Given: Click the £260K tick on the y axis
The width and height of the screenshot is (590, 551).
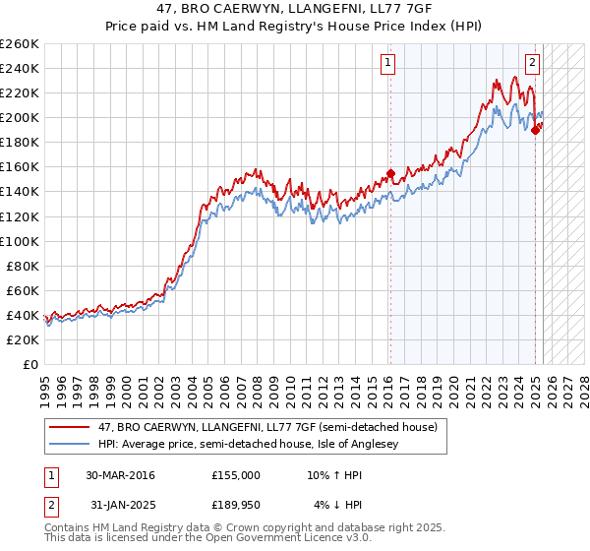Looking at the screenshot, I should click(20, 44).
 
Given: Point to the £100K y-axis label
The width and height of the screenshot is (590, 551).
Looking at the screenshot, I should click(20, 241).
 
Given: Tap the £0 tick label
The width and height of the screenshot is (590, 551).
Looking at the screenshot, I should click(29, 364).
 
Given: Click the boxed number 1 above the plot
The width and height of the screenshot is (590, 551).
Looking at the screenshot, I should click(389, 64).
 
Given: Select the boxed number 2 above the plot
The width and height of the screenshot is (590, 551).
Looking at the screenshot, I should click(532, 64).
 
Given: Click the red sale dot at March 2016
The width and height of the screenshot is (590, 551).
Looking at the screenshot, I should click(390, 173).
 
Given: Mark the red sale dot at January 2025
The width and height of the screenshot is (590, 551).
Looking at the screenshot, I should click(535, 130).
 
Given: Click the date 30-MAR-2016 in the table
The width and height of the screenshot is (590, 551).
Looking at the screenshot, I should click(120, 475).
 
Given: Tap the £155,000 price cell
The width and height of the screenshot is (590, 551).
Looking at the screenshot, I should click(236, 475).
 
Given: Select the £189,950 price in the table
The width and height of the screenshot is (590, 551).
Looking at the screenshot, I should click(236, 506).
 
